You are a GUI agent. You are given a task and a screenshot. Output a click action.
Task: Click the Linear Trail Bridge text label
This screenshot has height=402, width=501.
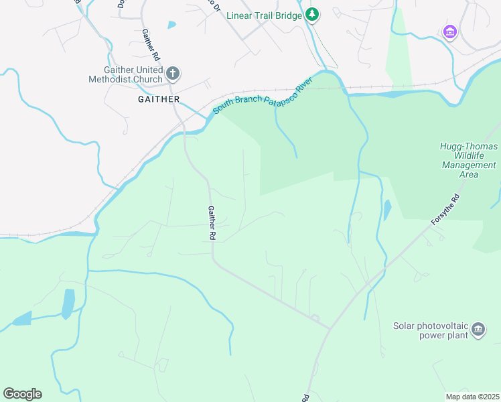[265, 15]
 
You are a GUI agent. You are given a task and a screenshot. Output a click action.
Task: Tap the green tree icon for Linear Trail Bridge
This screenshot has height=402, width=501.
[312, 15]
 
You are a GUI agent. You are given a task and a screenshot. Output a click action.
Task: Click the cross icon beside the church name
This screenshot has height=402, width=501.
[173, 72]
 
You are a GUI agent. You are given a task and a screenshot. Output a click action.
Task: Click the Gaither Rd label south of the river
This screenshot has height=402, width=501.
[211, 223]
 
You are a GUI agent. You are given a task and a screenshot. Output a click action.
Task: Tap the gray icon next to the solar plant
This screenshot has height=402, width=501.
[478, 329]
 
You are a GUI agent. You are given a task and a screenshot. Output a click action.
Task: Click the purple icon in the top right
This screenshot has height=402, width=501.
[449, 31]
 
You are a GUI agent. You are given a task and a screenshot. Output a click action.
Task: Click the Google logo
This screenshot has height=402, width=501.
[22, 393]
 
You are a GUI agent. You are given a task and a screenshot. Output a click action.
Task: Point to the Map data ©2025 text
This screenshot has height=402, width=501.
[472, 397]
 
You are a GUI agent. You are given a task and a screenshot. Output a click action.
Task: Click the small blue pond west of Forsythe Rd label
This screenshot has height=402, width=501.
[387, 210]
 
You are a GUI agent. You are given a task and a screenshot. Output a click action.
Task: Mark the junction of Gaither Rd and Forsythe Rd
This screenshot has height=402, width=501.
[330, 328]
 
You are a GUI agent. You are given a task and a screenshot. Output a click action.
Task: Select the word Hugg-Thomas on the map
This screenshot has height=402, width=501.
[468, 146]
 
